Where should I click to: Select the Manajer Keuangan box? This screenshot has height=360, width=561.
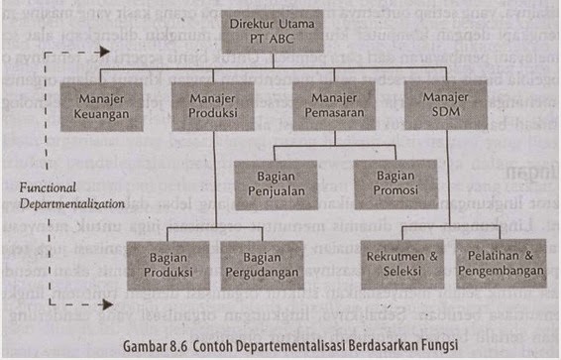tap(103, 106)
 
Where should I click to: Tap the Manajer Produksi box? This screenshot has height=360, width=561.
tap(213, 106)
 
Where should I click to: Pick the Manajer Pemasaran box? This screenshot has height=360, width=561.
tap(331, 106)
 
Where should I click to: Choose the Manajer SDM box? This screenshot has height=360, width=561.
tap(444, 106)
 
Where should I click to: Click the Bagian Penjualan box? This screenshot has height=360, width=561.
tap(275, 184)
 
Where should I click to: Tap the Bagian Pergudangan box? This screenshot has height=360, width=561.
tap(262, 263)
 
